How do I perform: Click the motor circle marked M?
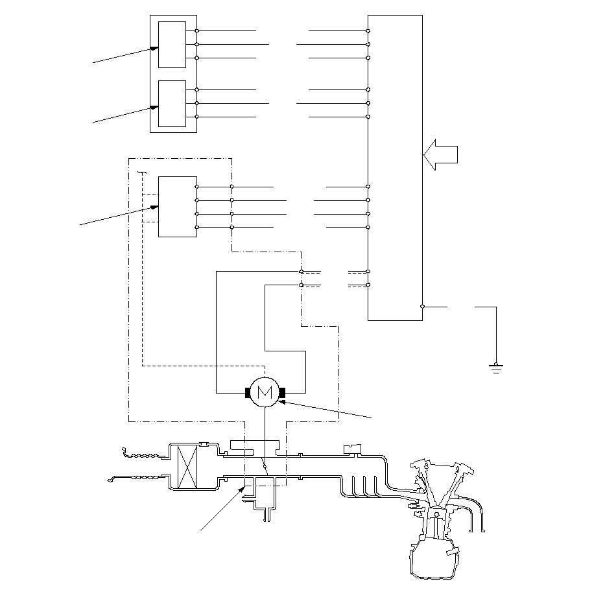pos(265,392)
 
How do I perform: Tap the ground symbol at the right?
pos(496,368)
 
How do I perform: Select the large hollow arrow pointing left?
pos(440,155)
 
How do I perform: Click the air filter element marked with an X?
pos(187,467)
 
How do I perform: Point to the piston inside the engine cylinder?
pos(436,515)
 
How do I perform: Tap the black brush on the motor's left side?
pos(248,392)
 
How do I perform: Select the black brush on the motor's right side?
pos(282,392)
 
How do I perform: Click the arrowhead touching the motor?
pos(281,402)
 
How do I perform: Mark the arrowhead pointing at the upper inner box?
pos(154,49)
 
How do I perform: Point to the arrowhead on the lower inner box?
pos(154,108)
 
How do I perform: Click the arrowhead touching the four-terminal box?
pos(154,207)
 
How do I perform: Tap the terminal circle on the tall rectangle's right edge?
pos(422,307)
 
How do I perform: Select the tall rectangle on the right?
pos(396,168)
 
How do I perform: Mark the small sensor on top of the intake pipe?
pos(352,449)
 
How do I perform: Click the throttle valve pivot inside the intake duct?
pos(265,466)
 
